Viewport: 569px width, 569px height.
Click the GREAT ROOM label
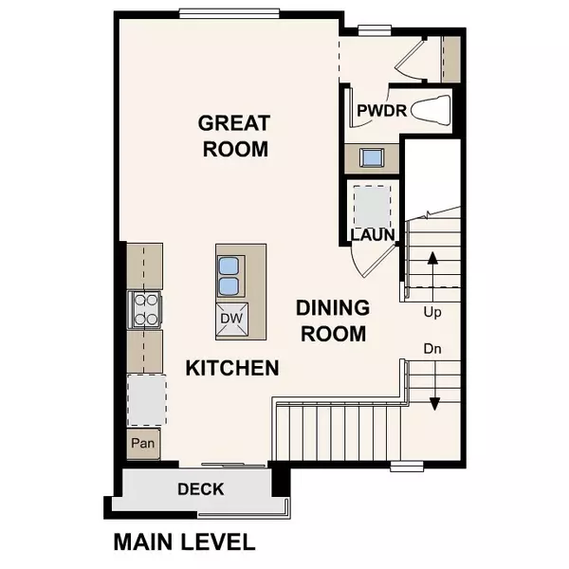(x=233, y=136)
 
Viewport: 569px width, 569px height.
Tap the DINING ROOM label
(x=331, y=321)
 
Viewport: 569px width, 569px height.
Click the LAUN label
(x=372, y=235)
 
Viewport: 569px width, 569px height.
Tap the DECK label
(x=201, y=489)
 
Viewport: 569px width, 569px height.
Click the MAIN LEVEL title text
(x=184, y=542)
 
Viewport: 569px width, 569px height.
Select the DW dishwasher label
(x=232, y=320)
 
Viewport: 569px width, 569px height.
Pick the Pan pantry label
(x=144, y=443)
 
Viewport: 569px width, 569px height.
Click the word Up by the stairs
(x=432, y=311)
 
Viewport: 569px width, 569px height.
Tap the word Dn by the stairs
(x=433, y=348)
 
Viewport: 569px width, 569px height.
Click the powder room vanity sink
(x=369, y=157)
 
